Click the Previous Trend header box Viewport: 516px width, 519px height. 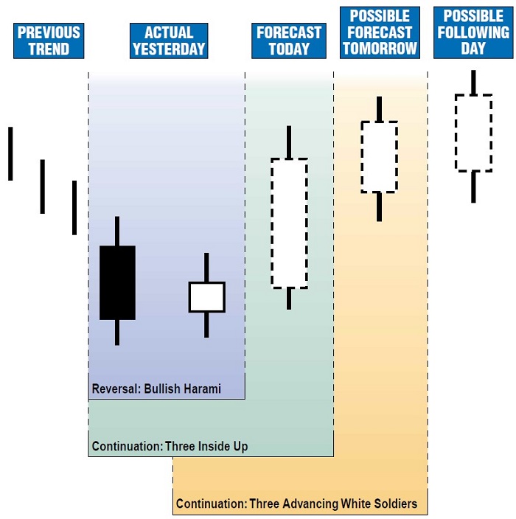[49, 41]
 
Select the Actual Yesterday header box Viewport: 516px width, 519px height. [168, 41]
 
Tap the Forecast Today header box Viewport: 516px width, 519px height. [289, 41]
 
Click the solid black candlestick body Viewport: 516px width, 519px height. [117, 282]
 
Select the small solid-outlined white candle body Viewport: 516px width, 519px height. [206, 296]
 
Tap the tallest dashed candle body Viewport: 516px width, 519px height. [289, 223]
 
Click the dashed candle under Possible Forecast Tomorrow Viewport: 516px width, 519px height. [379, 157]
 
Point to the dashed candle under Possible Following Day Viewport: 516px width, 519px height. [473, 133]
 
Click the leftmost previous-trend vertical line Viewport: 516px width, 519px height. [10, 153]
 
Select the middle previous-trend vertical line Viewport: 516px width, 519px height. [42, 187]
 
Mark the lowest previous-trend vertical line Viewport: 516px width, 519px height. [74, 208]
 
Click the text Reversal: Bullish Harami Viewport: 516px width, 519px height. [156, 389]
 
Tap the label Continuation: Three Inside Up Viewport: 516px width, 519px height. [170, 446]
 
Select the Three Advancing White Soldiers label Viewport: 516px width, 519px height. [296, 504]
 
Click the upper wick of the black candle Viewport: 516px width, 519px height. [117, 231]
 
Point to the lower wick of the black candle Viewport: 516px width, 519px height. [117, 332]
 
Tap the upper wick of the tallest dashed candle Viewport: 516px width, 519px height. [289, 142]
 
